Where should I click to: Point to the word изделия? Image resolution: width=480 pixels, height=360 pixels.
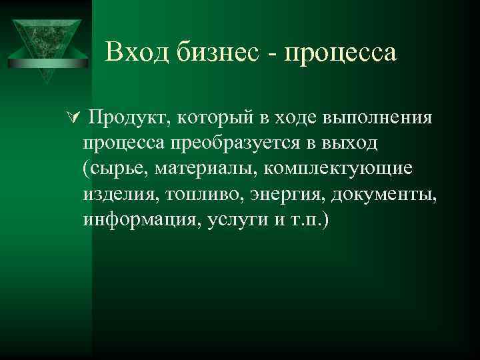click(x=115, y=195)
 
